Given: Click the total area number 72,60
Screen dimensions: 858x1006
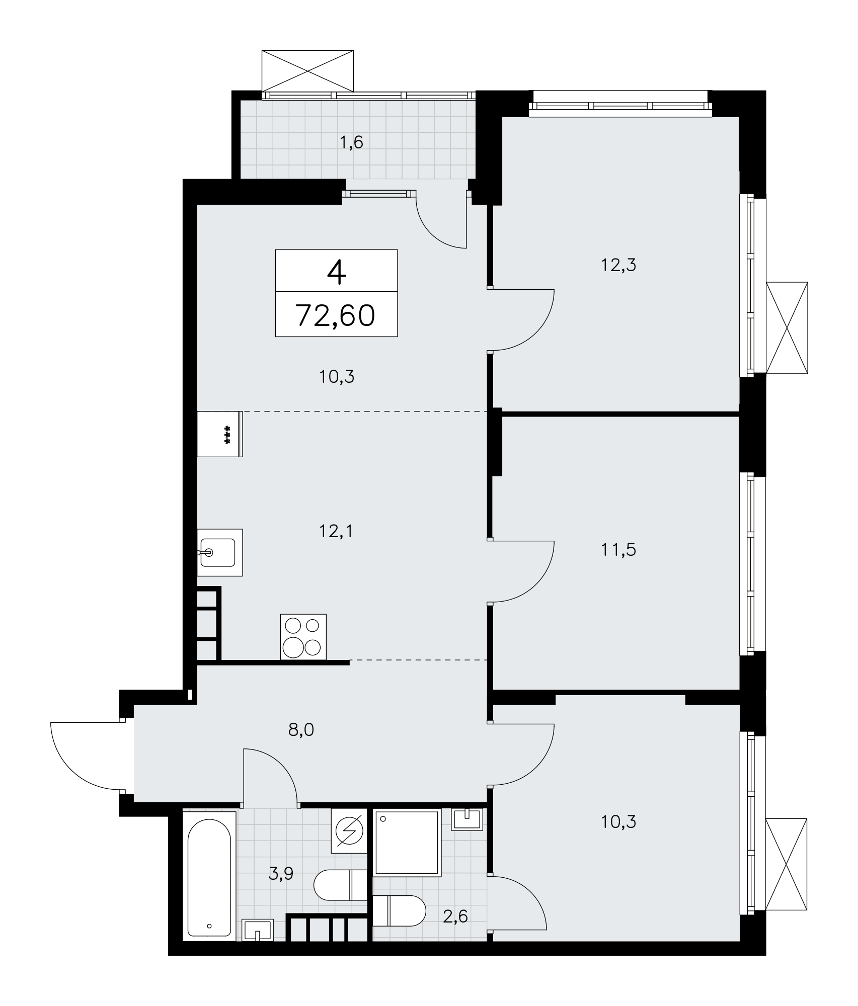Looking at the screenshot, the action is [336, 315].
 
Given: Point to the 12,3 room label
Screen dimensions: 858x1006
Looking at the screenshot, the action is [618, 265].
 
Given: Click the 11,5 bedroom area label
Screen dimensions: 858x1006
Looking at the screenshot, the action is [618, 550].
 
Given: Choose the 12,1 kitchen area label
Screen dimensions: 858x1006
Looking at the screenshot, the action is [336, 531].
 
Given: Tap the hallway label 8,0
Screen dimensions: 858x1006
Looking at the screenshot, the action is [301, 729].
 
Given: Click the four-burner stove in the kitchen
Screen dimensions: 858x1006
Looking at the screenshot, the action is [303, 636].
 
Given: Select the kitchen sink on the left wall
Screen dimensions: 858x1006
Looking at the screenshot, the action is [220, 552].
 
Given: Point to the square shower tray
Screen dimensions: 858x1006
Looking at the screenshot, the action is [407, 842].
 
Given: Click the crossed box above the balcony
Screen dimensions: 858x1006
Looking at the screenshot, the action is [307, 70].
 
